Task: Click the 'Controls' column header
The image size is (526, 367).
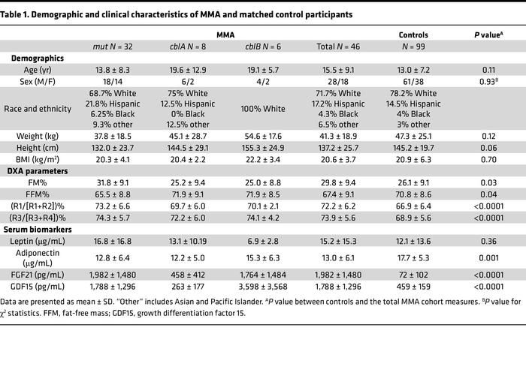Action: pos(413,35)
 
